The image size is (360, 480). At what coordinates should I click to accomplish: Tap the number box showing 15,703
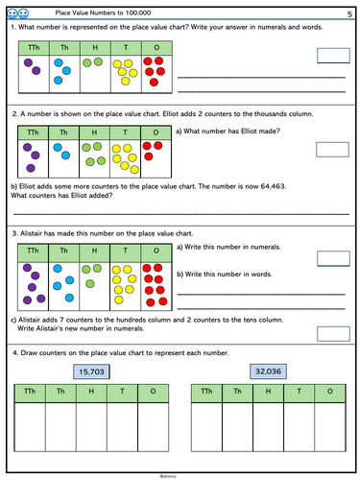(95, 372)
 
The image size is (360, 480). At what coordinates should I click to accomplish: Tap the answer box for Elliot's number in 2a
(332, 149)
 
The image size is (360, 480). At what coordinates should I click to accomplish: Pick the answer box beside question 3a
(332, 258)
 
